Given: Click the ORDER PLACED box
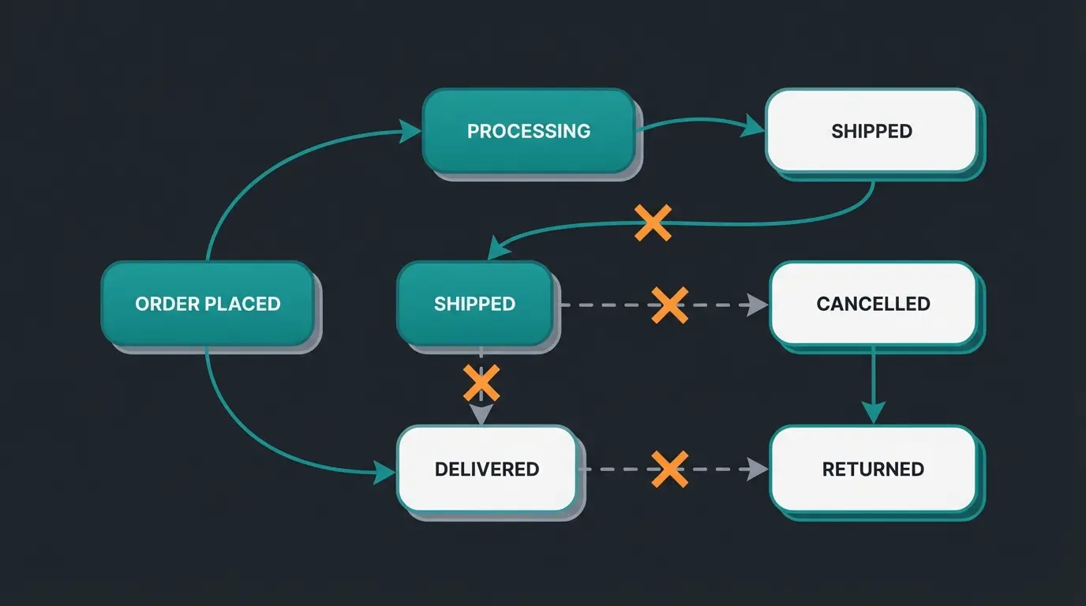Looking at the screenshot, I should (208, 304).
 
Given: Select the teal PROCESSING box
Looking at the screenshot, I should (529, 131).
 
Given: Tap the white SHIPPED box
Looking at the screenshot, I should (871, 131).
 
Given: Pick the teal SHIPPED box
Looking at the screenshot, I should (474, 304).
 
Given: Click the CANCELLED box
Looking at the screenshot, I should (873, 304).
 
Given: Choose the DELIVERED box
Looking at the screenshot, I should (486, 469).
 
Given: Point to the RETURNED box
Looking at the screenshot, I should (873, 469).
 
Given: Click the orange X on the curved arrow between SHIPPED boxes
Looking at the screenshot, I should (653, 223).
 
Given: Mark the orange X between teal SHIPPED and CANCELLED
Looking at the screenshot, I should (669, 305).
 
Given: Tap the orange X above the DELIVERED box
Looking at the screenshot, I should (481, 383).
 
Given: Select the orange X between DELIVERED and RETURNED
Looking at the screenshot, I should (669, 469).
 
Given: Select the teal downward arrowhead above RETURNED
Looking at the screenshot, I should (873, 412).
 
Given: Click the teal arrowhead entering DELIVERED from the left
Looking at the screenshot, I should (384, 473).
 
